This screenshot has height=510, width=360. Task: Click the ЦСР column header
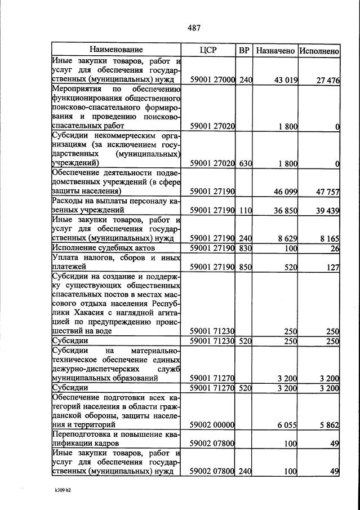(208, 50)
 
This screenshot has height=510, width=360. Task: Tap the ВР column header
(244, 50)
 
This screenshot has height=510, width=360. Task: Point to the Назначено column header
(275, 50)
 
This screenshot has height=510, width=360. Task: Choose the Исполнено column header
(319, 50)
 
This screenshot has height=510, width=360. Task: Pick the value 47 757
(327, 192)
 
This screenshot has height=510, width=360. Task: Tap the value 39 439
(327, 210)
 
